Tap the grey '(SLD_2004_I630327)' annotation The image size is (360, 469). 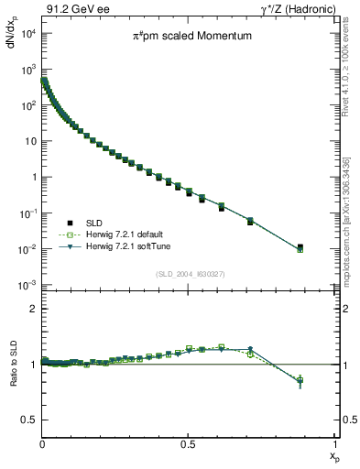pyautogui.click(x=187, y=273)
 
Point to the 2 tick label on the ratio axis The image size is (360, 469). pyautogui.click(x=33, y=309)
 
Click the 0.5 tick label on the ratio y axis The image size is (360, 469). pyautogui.click(x=29, y=420)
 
